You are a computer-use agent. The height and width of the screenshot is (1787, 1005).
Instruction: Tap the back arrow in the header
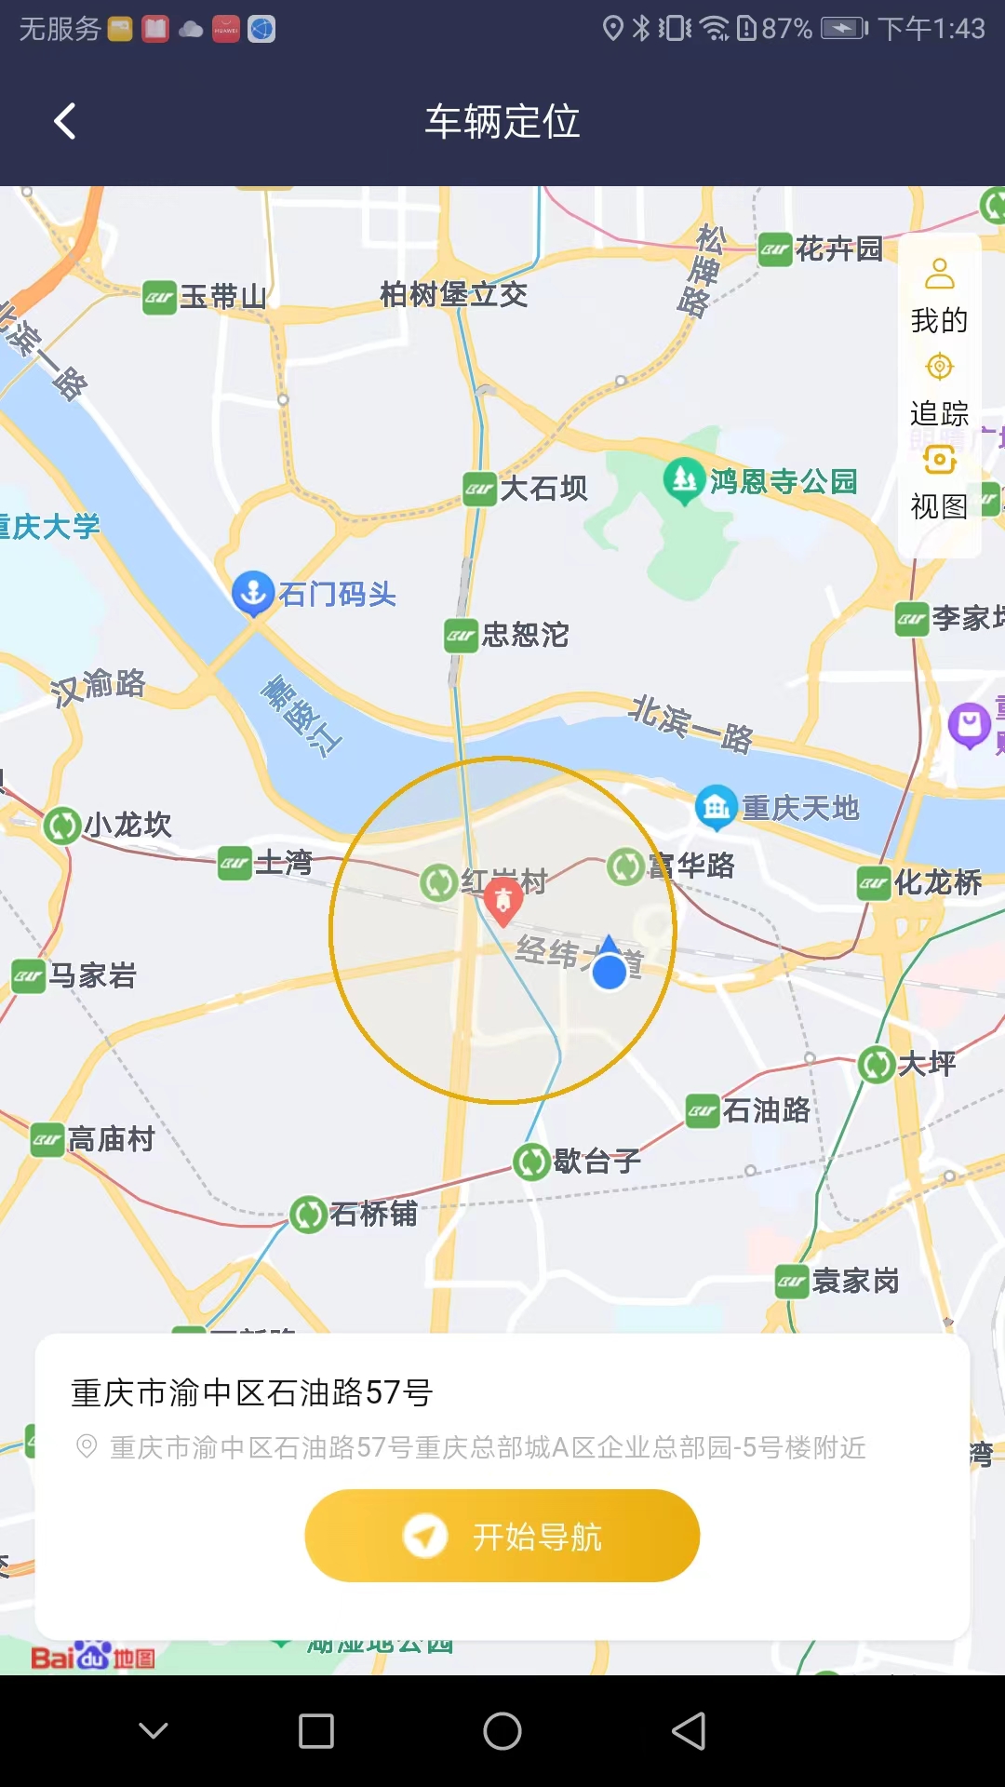pyautogui.click(x=65, y=121)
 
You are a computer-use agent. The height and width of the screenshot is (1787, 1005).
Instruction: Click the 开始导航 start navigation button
pyautogui.click(x=502, y=1536)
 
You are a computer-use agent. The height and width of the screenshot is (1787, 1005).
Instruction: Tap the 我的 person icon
pyautogui.click(x=940, y=274)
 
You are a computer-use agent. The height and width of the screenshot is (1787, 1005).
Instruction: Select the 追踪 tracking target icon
pyautogui.click(x=940, y=367)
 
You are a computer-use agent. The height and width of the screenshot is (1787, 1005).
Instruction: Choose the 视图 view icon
pyautogui.click(x=940, y=460)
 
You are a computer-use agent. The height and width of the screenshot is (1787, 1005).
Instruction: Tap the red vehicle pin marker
pyautogui.click(x=502, y=901)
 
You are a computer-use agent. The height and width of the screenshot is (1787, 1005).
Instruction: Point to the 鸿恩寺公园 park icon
pyautogui.click(x=684, y=480)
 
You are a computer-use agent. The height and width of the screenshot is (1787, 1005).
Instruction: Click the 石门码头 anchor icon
pyautogui.click(x=252, y=593)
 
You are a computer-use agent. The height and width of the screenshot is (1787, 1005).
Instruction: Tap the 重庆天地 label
pyautogui.click(x=800, y=808)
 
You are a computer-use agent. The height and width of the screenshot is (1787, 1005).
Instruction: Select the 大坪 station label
pyautogui.click(x=927, y=1064)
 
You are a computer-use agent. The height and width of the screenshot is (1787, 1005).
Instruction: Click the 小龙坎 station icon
pyautogui.click(x=62, y=826)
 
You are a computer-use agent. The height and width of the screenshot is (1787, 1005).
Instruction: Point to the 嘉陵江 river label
pyautogui.click(x=301, y=717)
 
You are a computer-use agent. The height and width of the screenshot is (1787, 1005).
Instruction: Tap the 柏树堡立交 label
pyautogui.click(x=453, y=295)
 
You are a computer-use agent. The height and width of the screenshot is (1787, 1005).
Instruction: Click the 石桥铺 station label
pyautogui.click(x=373, y=1214)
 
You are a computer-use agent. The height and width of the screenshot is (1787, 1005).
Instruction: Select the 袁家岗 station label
pyautogui.click(x=855, y=1282)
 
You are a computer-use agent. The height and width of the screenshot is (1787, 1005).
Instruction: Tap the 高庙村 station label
pyautogui.click(x=111, y=1139)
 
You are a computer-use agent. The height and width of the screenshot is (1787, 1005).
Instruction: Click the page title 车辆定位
pyautogui.click(x=502, y=122)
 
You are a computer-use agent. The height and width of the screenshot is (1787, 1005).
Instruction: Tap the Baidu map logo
pyautogui.click(x=92, y=1657)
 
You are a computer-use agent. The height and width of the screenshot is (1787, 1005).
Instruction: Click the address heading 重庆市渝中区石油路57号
pyautogui.click(x=252, y=1392)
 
